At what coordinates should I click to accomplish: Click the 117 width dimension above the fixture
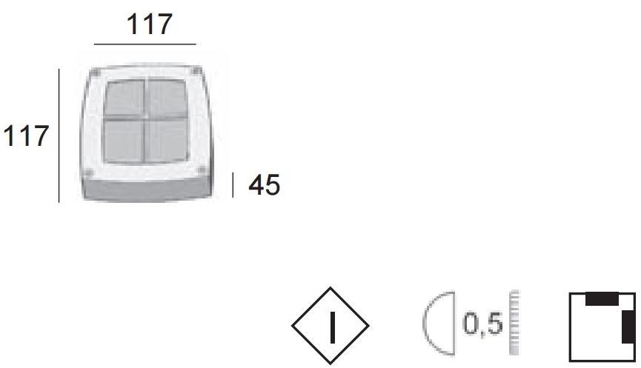149,24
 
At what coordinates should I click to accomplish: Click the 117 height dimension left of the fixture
26,136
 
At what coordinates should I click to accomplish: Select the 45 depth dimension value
264,185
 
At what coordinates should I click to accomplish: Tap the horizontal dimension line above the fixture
145,44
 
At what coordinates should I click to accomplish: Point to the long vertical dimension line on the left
59,136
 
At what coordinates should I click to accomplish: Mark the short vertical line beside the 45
233,185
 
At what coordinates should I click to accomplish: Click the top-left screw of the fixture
96,73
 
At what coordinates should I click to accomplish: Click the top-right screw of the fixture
196,70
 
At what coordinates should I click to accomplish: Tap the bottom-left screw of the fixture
88,172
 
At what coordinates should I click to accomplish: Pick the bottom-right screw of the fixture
201,170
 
